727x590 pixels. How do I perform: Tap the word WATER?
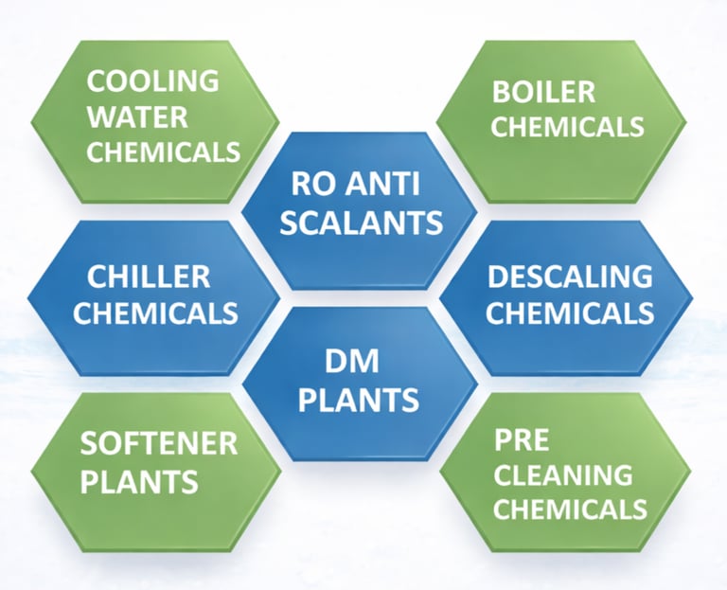coord(137,116)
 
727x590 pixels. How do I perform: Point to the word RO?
coord(313,183)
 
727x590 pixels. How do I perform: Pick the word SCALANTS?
coord(363,222)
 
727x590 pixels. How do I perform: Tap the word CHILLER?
coord(149,277)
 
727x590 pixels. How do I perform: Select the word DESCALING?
coord(570,277)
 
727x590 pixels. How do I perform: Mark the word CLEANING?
coord(563,474)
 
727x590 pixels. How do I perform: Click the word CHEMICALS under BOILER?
coord(567,126)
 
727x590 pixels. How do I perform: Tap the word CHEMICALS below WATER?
coord(163,151)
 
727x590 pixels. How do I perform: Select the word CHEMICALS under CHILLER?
coord(155,312)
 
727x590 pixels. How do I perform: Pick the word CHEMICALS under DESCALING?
coord(570,312)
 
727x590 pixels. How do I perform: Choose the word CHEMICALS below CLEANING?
coord(570,509)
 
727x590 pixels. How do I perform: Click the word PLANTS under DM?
coord(359,400)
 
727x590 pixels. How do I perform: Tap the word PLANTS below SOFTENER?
coord(139,480)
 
